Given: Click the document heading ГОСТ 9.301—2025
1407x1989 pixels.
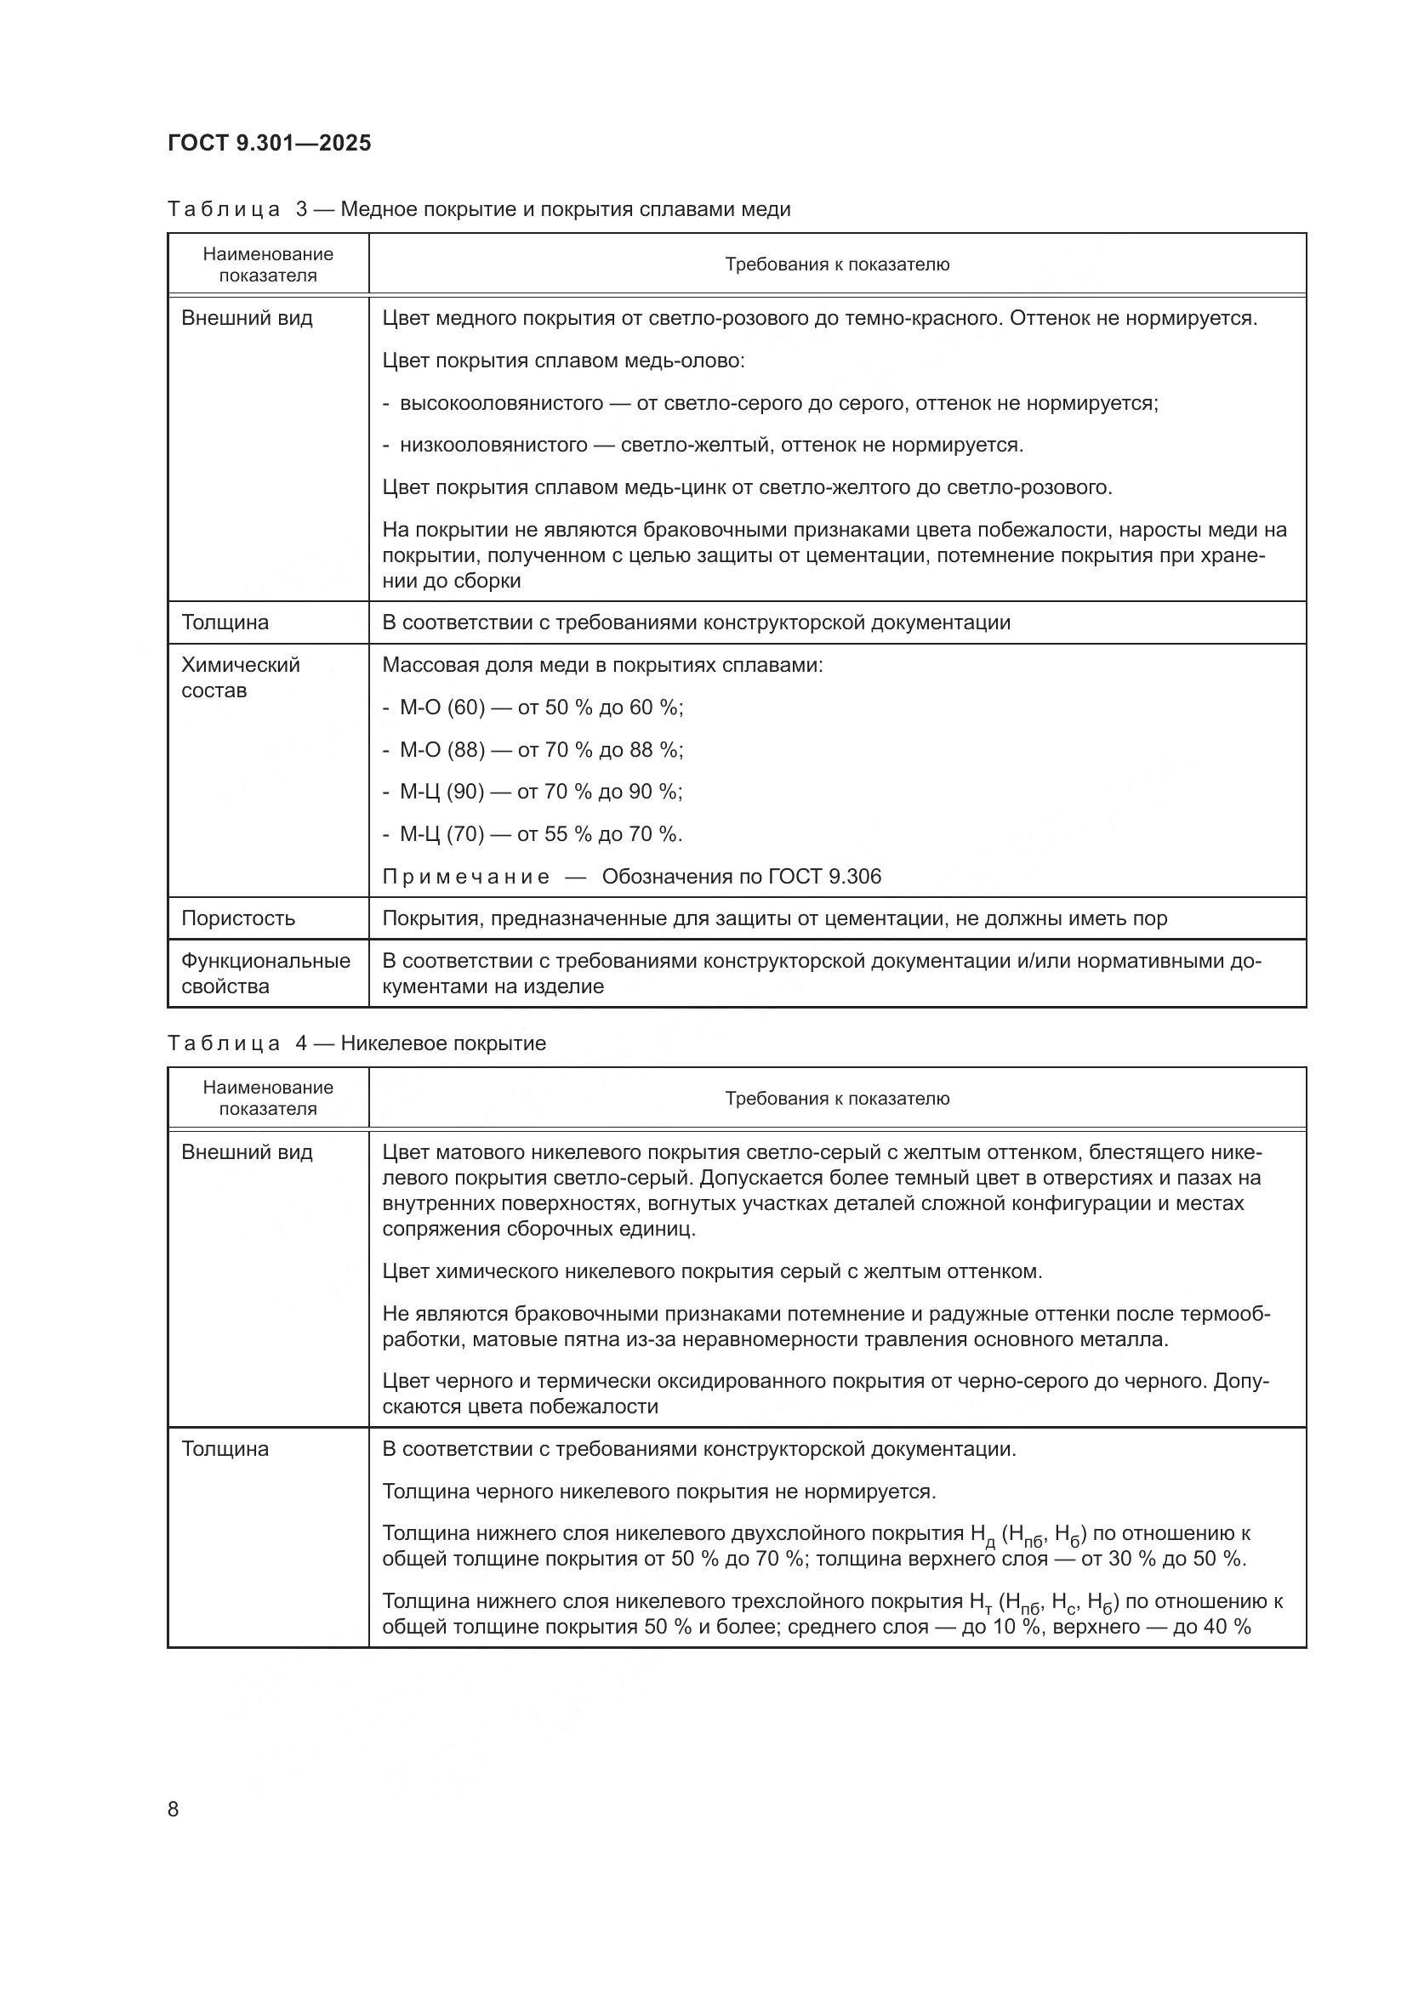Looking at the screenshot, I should pyautogui.click(x=270, y=143).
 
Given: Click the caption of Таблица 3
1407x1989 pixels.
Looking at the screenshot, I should pyautogui.click(x=478, y=209).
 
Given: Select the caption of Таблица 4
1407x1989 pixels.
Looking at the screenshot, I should pyautogui.click(x=356, y=1043).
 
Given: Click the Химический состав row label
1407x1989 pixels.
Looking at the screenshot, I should pyautogui.click(x=240, y=678).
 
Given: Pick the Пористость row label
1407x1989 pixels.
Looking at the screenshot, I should pyautogui.click(x=238, y=918).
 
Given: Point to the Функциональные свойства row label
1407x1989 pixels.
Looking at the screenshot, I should pyautogui.click(x=265, y=973).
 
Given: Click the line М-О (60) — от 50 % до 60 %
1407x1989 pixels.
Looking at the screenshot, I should pyautogui.click(x=533, y=708).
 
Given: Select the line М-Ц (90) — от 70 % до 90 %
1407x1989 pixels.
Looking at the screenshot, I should pyautogui.click(x=533, y=792).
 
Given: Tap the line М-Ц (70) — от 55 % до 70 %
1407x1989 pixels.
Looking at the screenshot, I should pyautogui.click(x=533, y=834).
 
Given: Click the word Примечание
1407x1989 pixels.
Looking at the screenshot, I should pyautogui.click(x=465, y=877).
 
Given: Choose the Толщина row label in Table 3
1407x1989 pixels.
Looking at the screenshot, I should pyautogui.click(x=225, y=622).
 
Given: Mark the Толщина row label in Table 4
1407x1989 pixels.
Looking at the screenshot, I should pyautogui.click(x=225, y=1448).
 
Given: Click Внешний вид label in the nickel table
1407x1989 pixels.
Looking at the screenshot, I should pyautogui.click(x=247, y=1152).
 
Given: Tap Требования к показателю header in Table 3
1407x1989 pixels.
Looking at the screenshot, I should pyautogui.click(x=837, y=264).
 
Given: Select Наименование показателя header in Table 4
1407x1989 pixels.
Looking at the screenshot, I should pyautogui.click(x=268, y=1098).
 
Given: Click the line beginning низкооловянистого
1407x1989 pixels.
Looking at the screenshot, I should pyautogui.click(x=703, y=446).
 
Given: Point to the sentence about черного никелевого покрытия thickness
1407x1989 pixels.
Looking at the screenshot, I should pyautogui.click(x=658, y=1491).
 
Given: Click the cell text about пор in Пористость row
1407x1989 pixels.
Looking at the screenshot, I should pyautogui.click(x=775, y=918).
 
